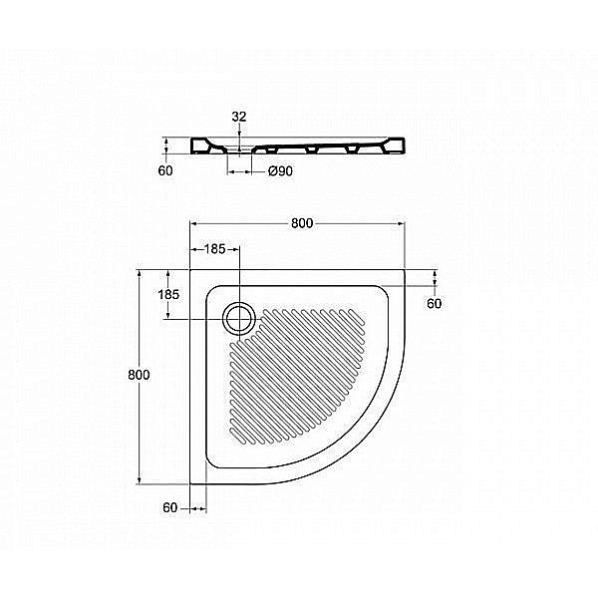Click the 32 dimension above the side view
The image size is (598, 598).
pos(239,117)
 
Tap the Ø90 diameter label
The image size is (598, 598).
pos(280,171)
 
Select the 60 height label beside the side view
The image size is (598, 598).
pos(165,170)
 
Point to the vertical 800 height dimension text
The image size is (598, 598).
pos(140,375)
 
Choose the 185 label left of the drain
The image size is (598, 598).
pos(168,294)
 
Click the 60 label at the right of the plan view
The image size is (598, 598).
pos(434,303)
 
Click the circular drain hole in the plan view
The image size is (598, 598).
pos(239,318)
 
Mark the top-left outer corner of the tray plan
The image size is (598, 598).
pos(190,269)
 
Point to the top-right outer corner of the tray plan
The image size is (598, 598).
pos(405,269)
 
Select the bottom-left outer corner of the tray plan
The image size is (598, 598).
pos(190,483)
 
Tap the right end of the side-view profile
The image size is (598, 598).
pos(407,148)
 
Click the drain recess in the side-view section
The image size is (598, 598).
pos(240,152)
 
